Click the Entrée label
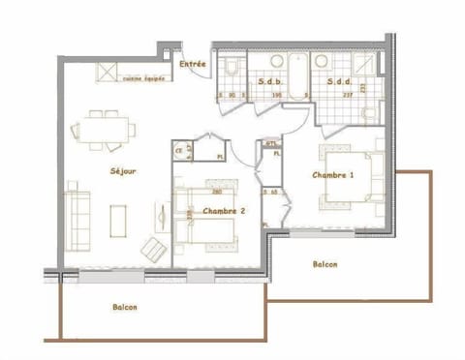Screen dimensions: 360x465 pos(193,65)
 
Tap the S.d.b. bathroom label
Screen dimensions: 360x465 pos(269,81)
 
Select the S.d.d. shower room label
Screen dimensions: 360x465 pos(338,81)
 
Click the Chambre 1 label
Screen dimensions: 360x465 pos(332,175)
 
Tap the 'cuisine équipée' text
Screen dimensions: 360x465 pos(141,79)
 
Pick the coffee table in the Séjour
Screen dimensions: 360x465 pos(119,219)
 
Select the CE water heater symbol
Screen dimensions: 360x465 pos(179,150)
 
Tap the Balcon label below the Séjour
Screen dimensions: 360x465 pos(124,308)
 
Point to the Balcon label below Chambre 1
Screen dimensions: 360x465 pos(325,264)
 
